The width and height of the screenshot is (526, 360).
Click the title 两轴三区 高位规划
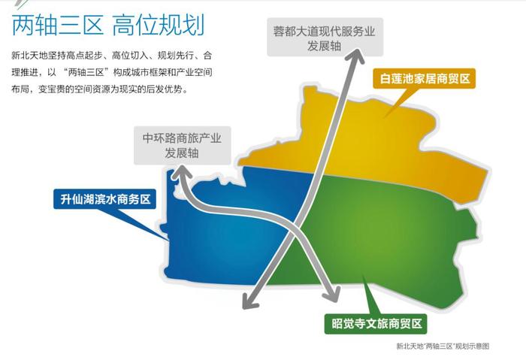pyautogui.click(x=108, y=25)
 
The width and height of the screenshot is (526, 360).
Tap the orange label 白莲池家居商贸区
pyautogui.click(x=425, y=79)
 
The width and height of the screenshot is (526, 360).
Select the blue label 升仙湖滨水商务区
pyautogui.click(x=105, y=199)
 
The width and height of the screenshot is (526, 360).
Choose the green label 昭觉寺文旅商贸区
pyautogui.click(x=376, y=324)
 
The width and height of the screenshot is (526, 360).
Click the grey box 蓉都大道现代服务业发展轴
pyautogui.click(x=325, y=38)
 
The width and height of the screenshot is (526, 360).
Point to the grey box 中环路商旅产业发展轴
pyautogui.click(x=182, y=145)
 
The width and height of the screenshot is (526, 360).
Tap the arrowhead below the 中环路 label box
pyautogui.click(x=180, y=171)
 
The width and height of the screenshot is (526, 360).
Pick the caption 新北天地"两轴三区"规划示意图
pyautogui.click(x=443, y=346)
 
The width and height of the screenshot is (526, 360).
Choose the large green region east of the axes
pyautogui.click(x=385, y=241)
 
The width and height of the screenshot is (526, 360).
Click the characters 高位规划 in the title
pyautogui.click(x=159, y=25)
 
